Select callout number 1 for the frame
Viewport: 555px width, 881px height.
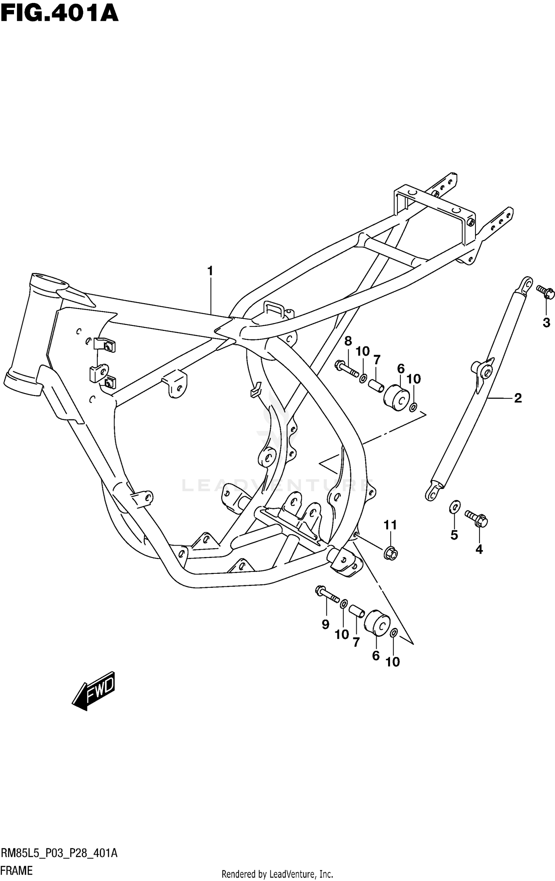pos(210,271)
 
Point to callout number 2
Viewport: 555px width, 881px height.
pos(518,398)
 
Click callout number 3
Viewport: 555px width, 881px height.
pos(546,323)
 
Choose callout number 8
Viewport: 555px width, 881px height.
pos(348,341)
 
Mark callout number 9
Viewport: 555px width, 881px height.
pos(325,625)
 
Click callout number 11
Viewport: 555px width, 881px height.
pos(390,525)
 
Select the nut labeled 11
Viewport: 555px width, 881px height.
pos(390,554)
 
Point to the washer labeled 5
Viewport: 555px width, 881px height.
pos(454,507)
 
